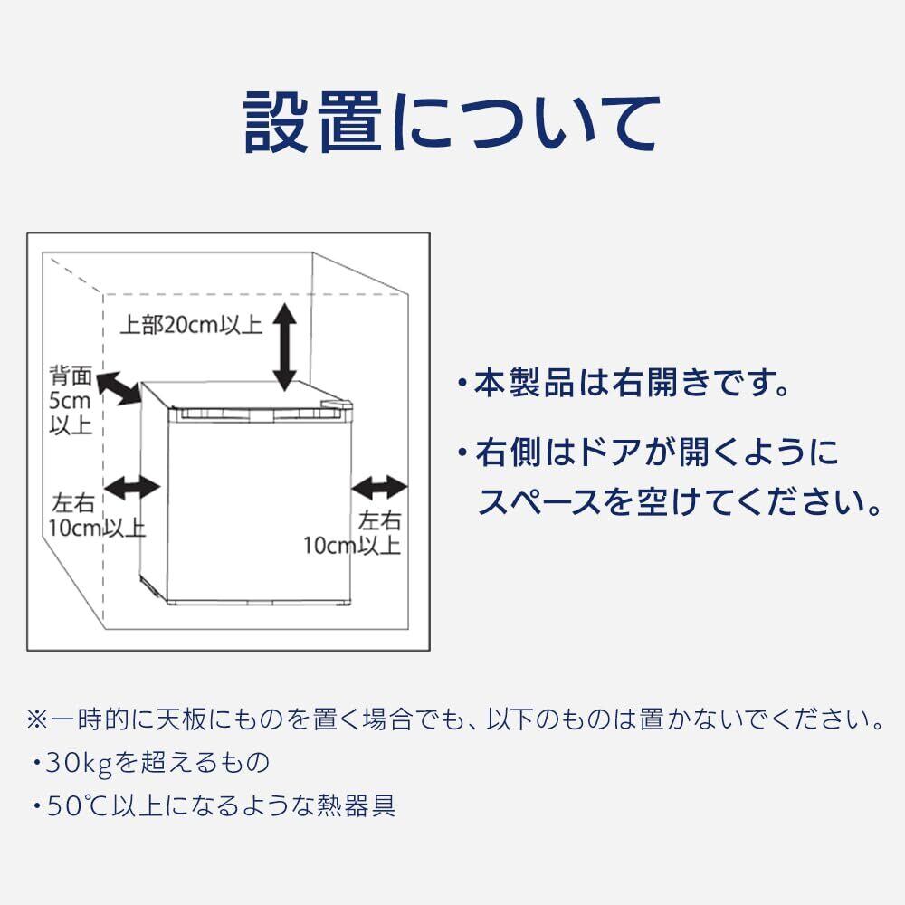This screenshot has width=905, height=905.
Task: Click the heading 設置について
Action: tap(450, 123)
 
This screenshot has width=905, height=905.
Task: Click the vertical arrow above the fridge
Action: tap(285, 347)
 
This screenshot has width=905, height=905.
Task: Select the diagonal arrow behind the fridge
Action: tap(118, 388)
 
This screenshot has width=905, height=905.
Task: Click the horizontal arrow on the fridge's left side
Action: tap(133, 488)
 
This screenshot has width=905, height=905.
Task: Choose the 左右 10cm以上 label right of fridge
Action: tap(354, 533)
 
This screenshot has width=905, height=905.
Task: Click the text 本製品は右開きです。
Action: tap(633, 383)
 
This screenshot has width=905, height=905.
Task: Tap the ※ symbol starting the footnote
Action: tap(36, 721)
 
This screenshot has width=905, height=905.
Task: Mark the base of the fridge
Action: tap(244, 600)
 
